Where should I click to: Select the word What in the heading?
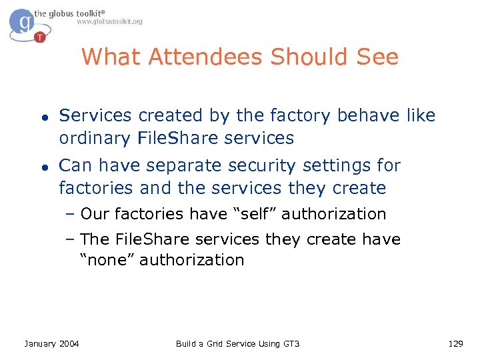click(x=112, y=57)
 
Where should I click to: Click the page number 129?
click(x=455, y=343)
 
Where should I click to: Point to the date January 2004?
click(x=51, y=343)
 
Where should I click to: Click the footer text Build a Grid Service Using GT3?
click(x=238, y=343)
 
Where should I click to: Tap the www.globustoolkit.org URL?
click(x=109, y=21)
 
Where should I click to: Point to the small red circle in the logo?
click(x=40, y=37)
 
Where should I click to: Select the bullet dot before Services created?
click(x=42, y=116)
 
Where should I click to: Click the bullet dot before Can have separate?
click(x=42, y=166)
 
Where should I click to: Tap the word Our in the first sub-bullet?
click(x=95, y=214)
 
